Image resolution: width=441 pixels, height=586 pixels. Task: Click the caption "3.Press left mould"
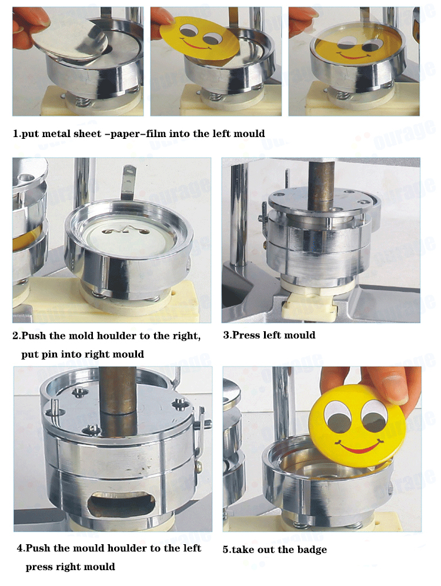[269, 335]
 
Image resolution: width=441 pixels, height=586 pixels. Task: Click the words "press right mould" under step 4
[70, 567]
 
